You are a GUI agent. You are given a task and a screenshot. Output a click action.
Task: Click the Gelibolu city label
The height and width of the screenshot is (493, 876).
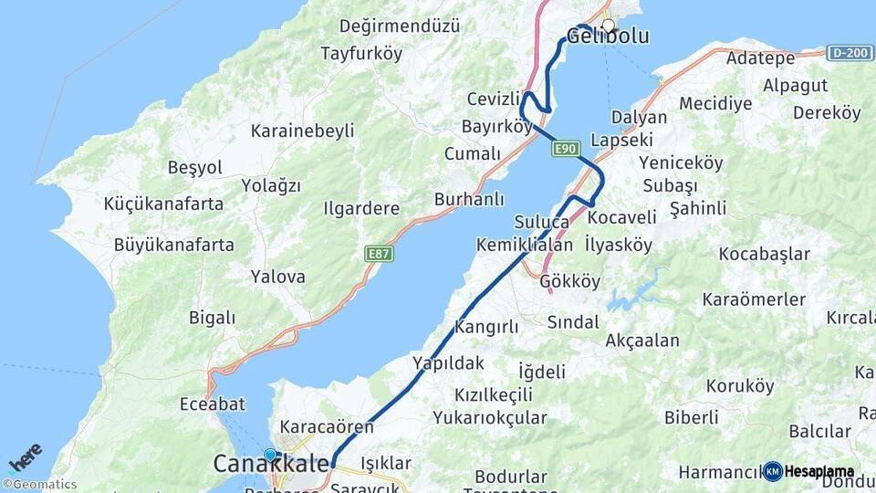pyautogui.click(x=608, y=37)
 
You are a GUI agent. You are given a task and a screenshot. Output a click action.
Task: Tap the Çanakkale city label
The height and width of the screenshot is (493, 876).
pyautogui.click(x=271, y=465)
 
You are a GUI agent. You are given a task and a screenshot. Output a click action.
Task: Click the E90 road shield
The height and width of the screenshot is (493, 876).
pyautogui.click(x=566, y=149)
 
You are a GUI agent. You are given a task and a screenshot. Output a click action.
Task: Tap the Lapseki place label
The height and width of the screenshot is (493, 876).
pyautogui.click(x=621, y=141)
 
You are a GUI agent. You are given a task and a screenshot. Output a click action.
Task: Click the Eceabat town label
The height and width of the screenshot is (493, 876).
pyautogui.click(x=213, y=404)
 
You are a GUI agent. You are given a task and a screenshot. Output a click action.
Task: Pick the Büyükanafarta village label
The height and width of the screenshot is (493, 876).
pyautogui.click(x=173, y=245)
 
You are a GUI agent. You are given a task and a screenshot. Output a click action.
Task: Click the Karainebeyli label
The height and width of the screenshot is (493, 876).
pyautogui.click(x=302, y=131)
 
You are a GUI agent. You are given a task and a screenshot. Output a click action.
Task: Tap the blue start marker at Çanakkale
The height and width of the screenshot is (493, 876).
pyautogui.click(x=270, y=455)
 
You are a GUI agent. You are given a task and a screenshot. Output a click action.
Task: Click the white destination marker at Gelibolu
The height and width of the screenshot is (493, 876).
pyautogui.click(x=608, y=26)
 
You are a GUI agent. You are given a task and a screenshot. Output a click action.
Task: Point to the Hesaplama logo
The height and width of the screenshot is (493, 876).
pyautogui.click(x=809, y=471)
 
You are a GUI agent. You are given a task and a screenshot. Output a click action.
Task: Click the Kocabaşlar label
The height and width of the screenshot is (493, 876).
pyautogui.click(x=764, y=253)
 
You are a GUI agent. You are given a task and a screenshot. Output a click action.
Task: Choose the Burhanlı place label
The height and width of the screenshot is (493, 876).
pyautogui.click(x=469, y=199)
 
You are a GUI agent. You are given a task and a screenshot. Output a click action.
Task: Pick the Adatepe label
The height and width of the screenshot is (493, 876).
pyautogui.click(x=761, y=58)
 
